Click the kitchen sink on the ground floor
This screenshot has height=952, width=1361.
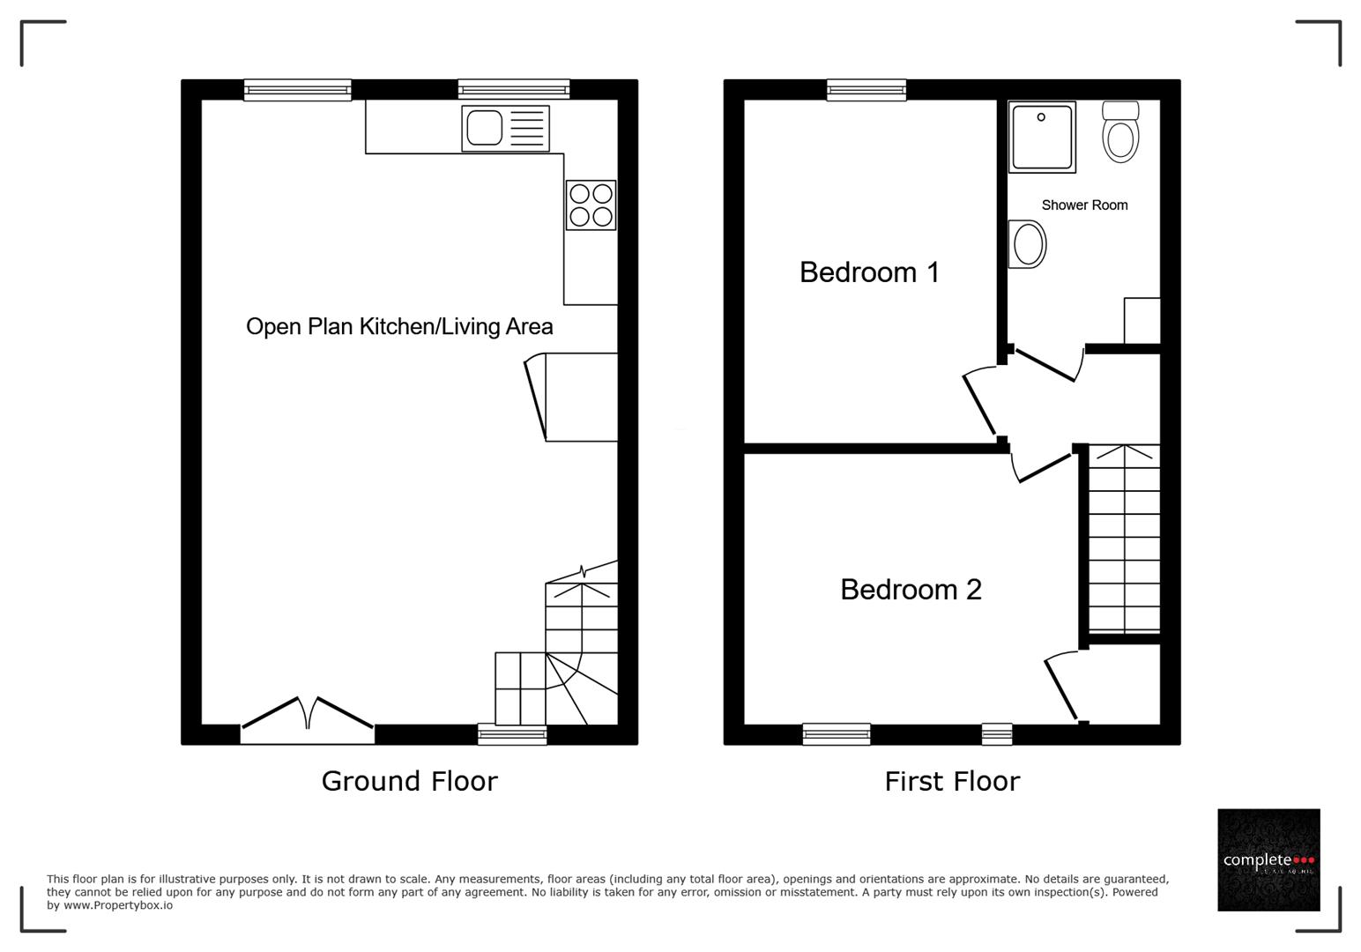(x=505, y=129)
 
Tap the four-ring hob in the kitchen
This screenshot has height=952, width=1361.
(x=591, y=205)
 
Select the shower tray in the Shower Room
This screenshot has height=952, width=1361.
(x=1042, y=137)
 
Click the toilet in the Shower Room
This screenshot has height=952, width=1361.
(x=1120, y=133)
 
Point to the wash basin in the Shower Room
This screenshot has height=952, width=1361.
(x=1027, y=243)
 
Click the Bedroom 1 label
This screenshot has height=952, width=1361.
(x=869, y=272)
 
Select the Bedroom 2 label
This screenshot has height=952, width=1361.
(x=911, y=590)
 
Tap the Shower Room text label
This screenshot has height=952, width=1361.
(x=1084, y=205)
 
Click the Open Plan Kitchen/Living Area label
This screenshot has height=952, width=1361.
(x=399, y=327)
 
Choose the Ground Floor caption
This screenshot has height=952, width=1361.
(x=409, y=781)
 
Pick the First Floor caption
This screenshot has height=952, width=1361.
(x=952, y=781)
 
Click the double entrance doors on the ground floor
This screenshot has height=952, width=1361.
(x=308, y=716)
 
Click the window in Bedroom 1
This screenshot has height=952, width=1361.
(x=866, y=89)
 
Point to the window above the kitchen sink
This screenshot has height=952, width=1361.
(x=513, y=89)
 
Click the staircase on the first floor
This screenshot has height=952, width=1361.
(x=1124, y=539)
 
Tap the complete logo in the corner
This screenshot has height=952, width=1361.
(x=1268, y=859)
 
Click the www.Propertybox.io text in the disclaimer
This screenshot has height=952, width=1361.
(x=117, y=905)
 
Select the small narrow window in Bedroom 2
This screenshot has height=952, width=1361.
(x=997, y=733)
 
